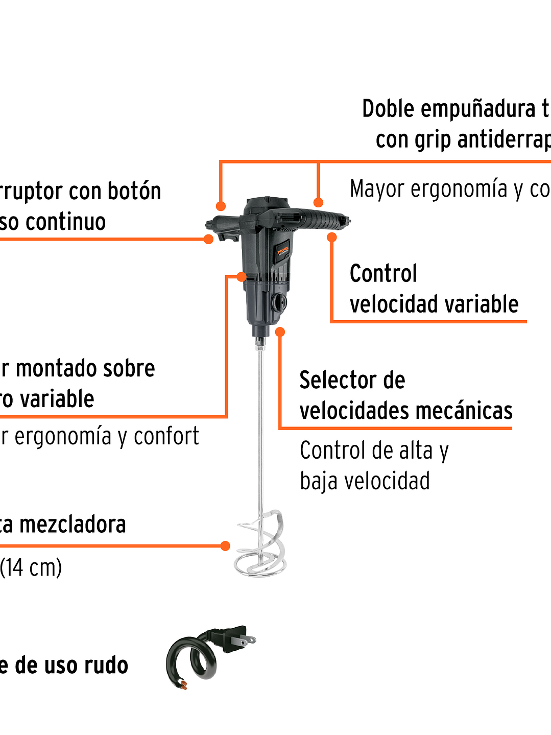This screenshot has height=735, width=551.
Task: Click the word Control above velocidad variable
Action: click(x=383, y=274)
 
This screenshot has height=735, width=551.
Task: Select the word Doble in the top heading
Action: click(x=388, y=109)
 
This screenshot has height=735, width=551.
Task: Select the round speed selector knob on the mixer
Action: click(x=280, y=302)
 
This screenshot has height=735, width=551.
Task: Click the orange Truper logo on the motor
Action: click(x=283, y=251)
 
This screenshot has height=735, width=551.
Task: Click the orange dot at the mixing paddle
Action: click(x=225, y=546)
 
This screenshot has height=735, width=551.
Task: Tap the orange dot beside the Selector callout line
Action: click(x=280, y=332)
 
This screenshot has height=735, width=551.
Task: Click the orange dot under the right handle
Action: click(x=332, y=237)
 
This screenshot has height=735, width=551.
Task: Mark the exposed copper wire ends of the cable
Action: click(x=182, y=684)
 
